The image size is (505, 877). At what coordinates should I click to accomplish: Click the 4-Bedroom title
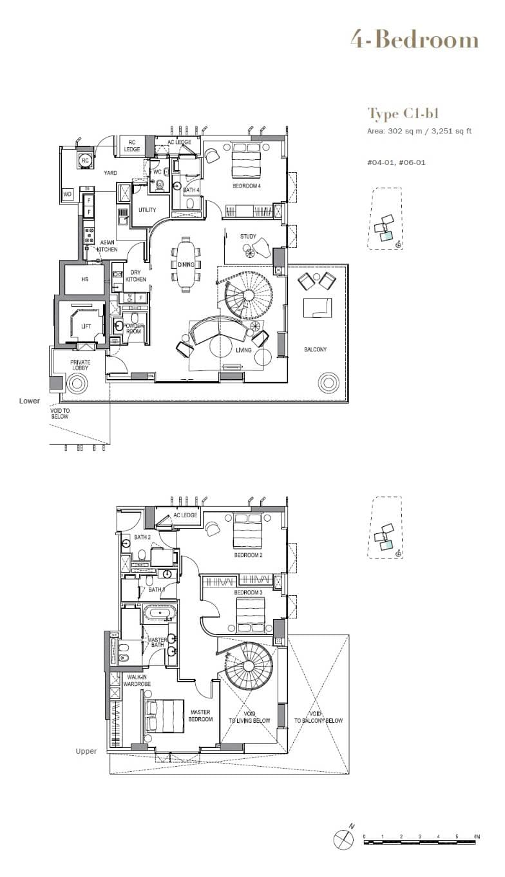(414, 40)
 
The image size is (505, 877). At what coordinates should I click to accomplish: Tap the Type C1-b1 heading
(403, 114)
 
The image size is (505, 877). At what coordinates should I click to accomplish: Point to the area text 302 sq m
(399, 132)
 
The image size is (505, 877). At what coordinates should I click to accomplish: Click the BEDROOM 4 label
(247, 186)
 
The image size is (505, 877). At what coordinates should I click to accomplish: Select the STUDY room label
(248, 237)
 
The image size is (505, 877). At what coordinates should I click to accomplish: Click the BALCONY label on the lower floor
(315, 350)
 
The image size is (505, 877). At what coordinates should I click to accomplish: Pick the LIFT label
(86, 327)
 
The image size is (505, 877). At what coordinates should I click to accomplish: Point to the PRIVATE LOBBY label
(80, 366)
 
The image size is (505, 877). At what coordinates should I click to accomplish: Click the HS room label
(84, 280)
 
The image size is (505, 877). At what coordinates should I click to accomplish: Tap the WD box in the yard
(67, 194)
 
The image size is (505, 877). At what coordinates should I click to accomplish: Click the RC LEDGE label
(131, 146)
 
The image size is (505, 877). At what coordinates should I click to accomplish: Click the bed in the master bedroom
(166, 716)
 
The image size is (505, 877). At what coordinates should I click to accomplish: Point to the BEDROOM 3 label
(247, 593)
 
